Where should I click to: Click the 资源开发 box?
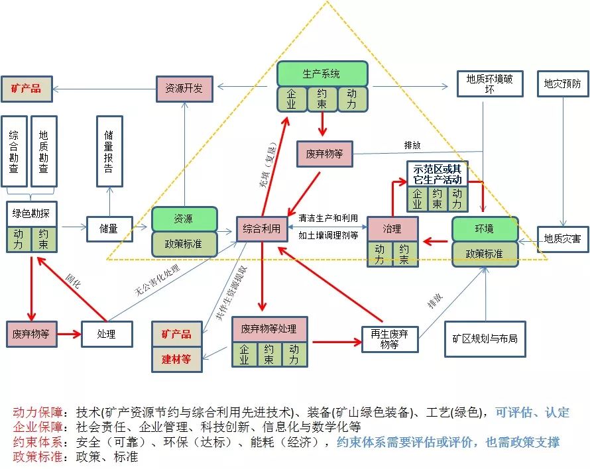(x=184, y=89)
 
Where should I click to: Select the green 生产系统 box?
(x=322, y=74)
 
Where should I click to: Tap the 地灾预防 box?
(x=563, y=83)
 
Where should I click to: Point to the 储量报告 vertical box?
(x=109, y=151)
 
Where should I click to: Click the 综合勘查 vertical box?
(x=14, y=151)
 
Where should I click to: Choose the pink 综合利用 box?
(x=262, y=229)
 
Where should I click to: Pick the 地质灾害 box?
(x=563, y=239)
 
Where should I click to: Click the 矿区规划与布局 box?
(x=485, y=339)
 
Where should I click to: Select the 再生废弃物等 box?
(x=390, y=339)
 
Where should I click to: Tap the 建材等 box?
(x=176, y=360)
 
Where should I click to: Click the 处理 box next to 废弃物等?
(x=107, y=334)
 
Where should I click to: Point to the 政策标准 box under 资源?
(x=184, y=244)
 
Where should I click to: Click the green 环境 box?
(x=485, y=229)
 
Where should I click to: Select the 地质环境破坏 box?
(x=490, y=84)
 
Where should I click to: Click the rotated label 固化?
(x=73, y=281)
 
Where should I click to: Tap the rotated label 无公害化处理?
(x=157, y=280)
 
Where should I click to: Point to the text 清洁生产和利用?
(x=328, y=218)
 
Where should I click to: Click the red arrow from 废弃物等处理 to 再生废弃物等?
(x=337, y=342)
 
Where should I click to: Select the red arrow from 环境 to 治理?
(x=436, y=241)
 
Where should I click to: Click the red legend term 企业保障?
(x=38, y=427)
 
